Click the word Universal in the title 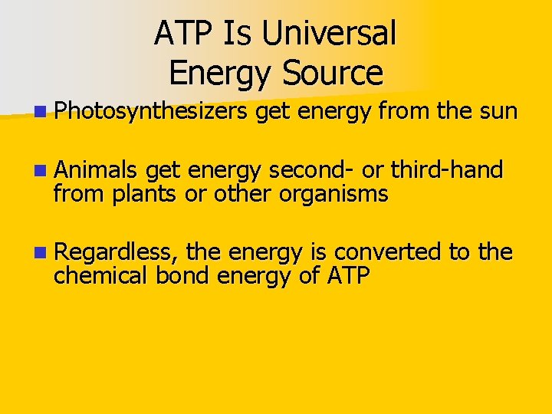pyautogui.click(x=329, y=33)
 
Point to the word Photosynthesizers pyautogui.click(x=150, y=113)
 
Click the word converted pyautogui.click(x=399, y=252)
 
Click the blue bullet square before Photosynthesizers pyautogui.click(x=39, y=113)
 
